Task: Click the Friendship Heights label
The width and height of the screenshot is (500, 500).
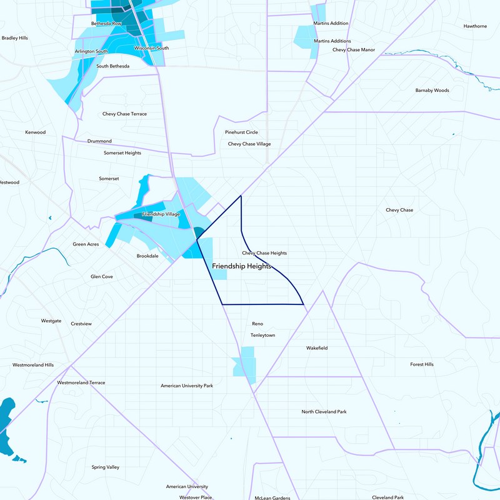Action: pos(241,266)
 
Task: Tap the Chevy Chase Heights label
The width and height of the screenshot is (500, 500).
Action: pos(264,253)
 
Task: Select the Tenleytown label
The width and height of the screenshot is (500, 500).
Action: pos(262,336)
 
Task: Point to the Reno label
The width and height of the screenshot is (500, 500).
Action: pos(257,324)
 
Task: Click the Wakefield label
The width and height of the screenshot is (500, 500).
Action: pos(317,348)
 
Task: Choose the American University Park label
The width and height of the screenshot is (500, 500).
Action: pos(187,386)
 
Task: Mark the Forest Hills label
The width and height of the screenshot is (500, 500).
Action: pos(422,364)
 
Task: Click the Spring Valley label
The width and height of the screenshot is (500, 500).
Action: pos(106,467)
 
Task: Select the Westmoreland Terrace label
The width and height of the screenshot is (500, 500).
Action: pos(81,382)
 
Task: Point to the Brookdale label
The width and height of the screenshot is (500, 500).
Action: pos(147,256)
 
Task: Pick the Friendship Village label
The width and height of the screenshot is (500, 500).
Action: pos(161,214)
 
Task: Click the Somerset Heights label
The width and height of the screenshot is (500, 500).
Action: pos(122,153)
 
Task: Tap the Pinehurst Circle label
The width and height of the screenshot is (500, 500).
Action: pos(241,132)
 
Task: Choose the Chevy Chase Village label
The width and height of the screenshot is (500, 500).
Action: pos(249,144)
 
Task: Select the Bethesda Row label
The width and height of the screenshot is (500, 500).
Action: pos(105,24)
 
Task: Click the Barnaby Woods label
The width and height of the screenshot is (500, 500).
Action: pos(432,91)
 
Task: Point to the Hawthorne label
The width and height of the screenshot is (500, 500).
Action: pos(475,26)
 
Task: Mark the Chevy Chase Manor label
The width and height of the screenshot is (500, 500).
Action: pos(354,49)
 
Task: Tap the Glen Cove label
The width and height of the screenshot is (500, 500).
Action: pos(102,276)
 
